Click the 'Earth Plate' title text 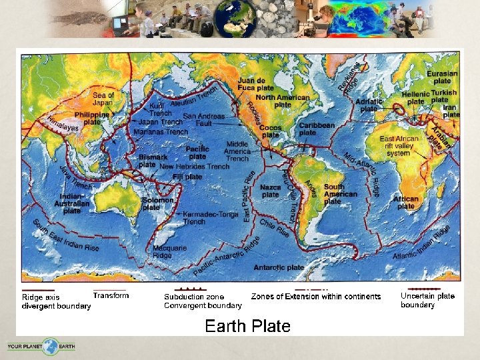point(247,326)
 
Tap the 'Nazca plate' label point(271,191)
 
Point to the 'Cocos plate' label point(270,131)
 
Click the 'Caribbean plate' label point(317,129)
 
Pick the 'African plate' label point(406,202)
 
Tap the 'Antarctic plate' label point(279,267)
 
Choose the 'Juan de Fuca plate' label point(255,84)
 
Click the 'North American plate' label point(283,101)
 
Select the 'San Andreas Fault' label point(204,119)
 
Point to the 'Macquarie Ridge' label point(170,251)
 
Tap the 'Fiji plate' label point(187,177)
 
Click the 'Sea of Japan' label point(103,99)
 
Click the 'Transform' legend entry point(111,295)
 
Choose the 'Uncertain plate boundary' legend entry point(427,300)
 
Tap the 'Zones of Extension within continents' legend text point(316,297)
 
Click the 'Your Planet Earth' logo point(41,347)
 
